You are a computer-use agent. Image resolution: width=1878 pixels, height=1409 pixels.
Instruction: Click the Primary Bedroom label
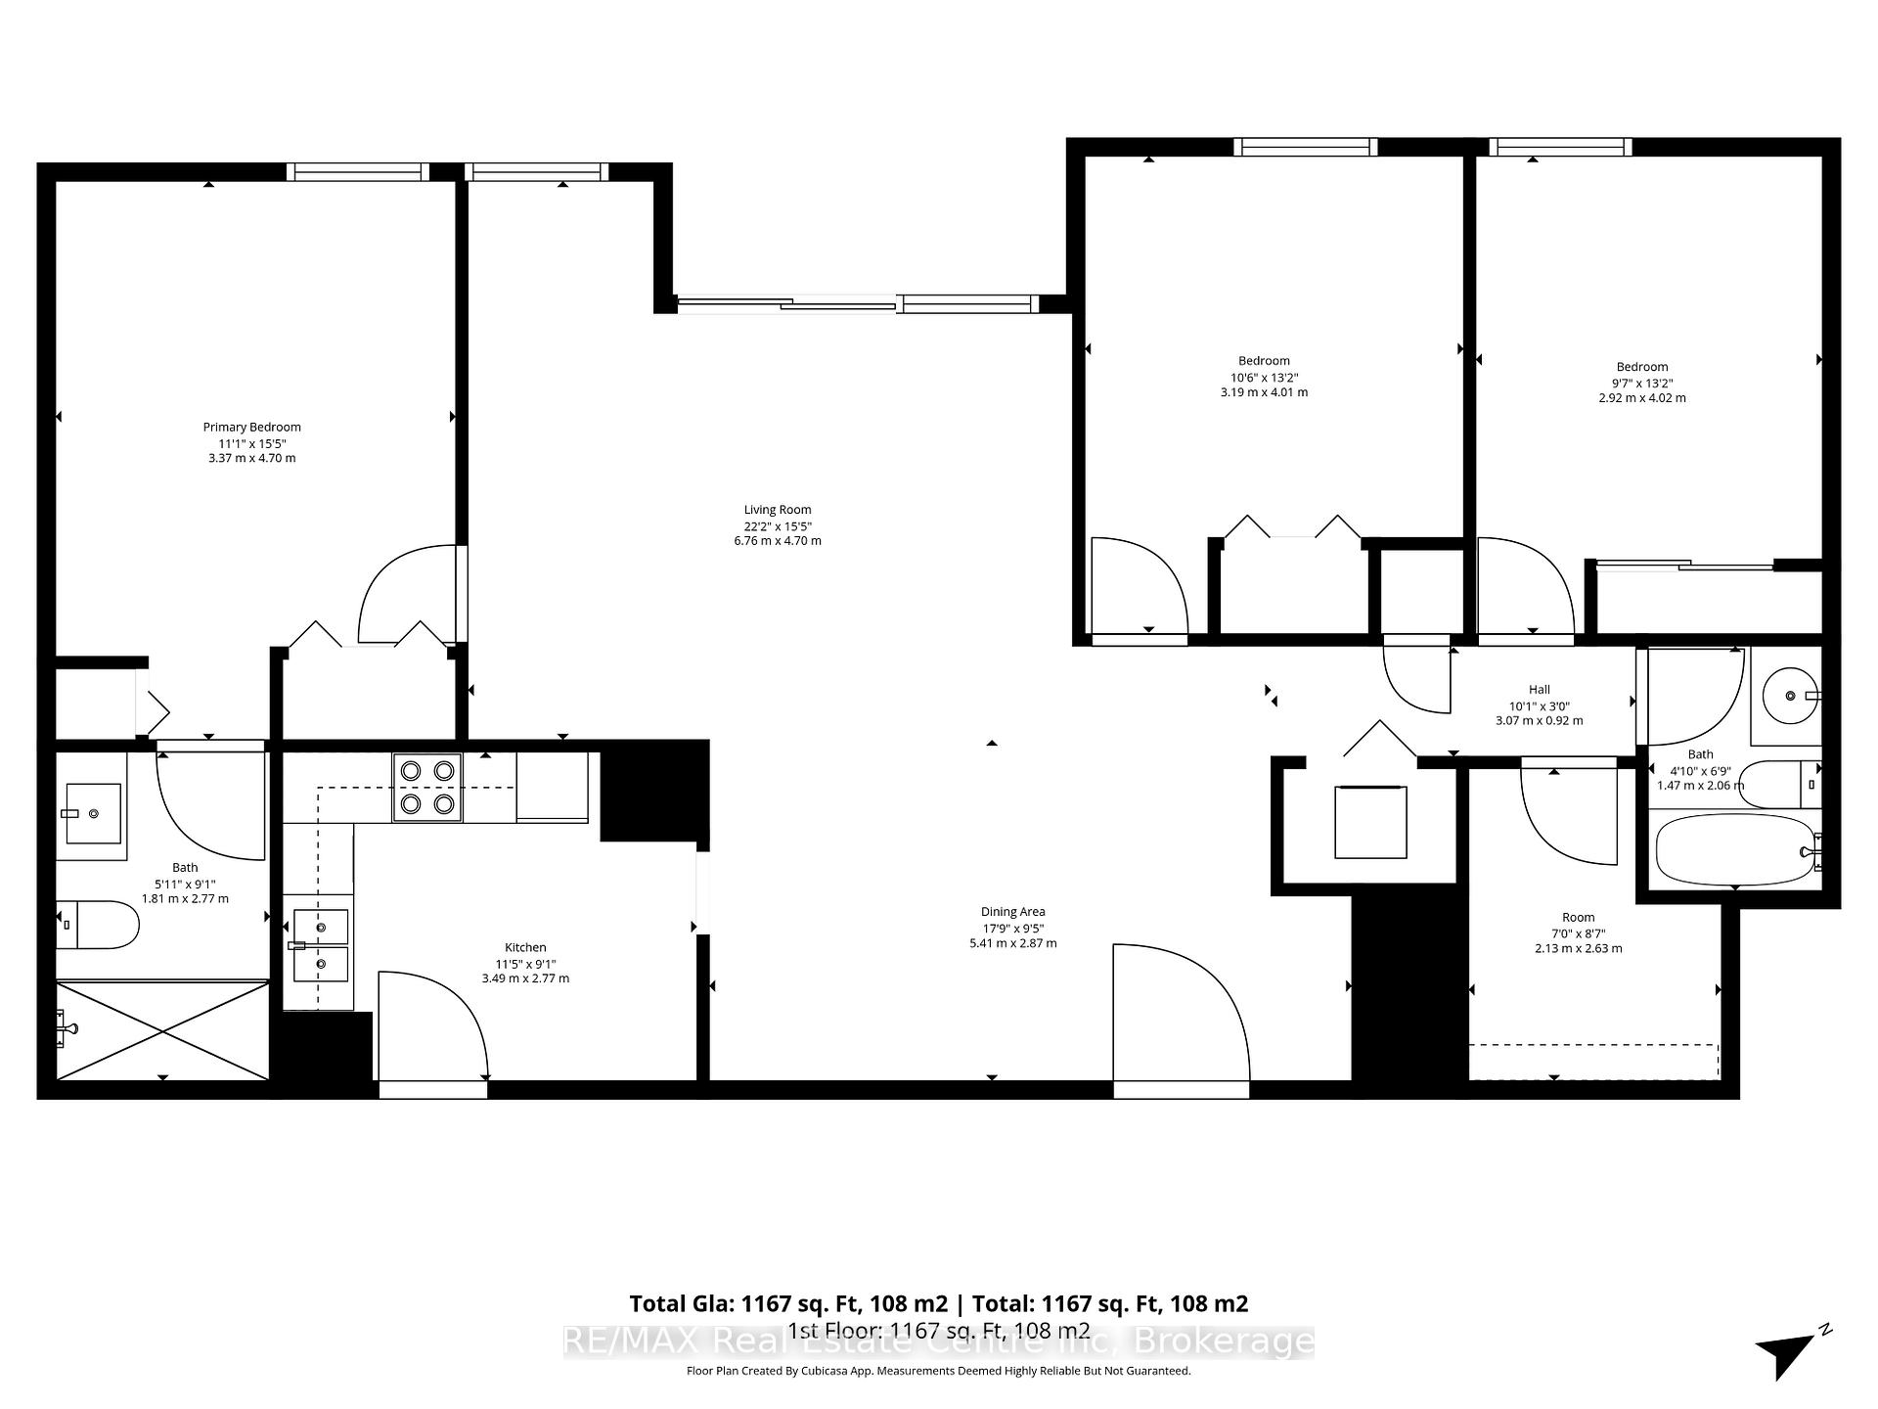(x=251, y=427)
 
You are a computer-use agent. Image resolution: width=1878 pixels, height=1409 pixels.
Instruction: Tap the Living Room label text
(x=778, y=509)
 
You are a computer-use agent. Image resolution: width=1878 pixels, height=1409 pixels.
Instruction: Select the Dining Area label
(x=1012, y=911)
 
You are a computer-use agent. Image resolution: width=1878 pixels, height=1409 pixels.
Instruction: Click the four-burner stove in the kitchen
(x=427, y=787)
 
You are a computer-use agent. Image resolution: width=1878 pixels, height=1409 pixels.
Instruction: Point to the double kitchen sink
(x=320, y=945)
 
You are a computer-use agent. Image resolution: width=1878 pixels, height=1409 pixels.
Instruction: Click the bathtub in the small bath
(x=1734, y=850)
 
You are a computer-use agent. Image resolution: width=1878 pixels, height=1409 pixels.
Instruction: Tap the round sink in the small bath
(x=1789, y=696)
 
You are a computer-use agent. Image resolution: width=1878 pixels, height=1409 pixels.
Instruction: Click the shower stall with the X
(x=162, y=1029)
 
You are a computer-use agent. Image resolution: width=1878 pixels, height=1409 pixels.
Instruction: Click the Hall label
(x=1539, y=689)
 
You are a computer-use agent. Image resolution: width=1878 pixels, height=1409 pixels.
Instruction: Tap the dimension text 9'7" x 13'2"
(x=1641, y=384)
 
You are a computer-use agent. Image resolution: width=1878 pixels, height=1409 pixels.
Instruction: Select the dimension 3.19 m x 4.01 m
(x=1264, y=392)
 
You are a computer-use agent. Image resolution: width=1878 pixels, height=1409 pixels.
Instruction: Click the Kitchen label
(x=525, y=947)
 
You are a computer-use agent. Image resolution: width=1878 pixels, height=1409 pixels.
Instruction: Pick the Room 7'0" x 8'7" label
(x=1578, y=917)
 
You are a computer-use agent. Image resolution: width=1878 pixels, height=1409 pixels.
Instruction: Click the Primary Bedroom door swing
(x=409, y=597)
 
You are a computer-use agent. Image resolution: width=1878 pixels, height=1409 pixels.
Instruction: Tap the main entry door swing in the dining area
(x=1179, y=1013)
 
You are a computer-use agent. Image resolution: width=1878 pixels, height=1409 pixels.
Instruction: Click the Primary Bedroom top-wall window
(x=358, y=172)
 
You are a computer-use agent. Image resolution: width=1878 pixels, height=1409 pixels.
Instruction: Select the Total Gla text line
(x=938, y=1303)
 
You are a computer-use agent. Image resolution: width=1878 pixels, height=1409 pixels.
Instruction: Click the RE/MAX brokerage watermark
(x=938, y=1341)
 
